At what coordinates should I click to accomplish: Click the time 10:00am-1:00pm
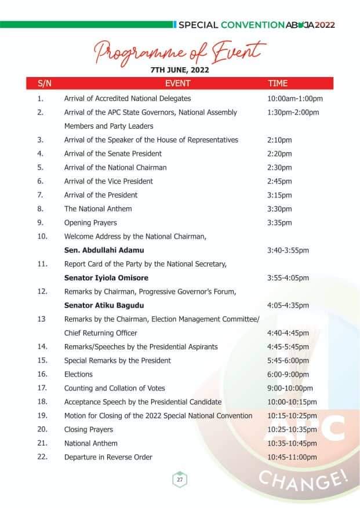[294, 98]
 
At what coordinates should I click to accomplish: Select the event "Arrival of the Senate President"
[112, 154]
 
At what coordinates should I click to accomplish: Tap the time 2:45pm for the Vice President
[279, 181]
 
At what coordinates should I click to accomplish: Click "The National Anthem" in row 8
[97, 209]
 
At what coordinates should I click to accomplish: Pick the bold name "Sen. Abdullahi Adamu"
[104, 250]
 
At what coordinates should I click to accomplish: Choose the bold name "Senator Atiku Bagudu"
[104, 305]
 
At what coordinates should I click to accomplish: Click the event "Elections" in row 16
[78, 374]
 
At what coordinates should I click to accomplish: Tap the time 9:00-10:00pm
[290, 388]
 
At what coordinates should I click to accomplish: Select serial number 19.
[42, 416]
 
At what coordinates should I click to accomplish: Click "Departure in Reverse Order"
[108, 457]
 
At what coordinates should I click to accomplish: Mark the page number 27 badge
[180, 480]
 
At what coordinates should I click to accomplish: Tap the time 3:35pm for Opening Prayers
[279, 222]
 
